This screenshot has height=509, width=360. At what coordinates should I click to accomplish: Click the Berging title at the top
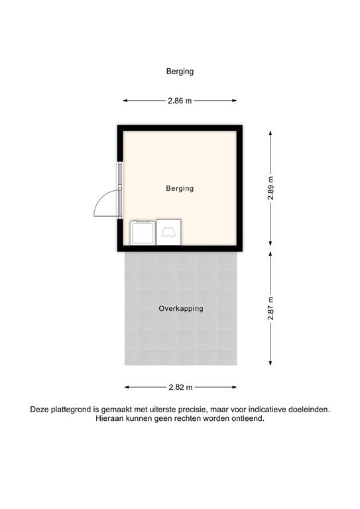pyautogui.click(x=180, y=71)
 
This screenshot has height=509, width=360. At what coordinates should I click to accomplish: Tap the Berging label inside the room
pyautogui.click(x=180, y=188)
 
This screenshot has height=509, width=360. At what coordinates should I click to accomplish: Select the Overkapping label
pyautogui.click(x=180, y=308)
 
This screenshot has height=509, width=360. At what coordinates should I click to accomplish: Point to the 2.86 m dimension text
pyautogui.click(x=180, y=101)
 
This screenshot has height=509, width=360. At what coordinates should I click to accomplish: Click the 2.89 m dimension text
pyautogui.click(x=270, y=188)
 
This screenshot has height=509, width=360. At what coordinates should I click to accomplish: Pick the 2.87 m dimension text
pyautogui.click(x=270, y=308)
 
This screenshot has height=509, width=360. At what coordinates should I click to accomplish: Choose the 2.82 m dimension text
pyautogui.click(x=180, y=387)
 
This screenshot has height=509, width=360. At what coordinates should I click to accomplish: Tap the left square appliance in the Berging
pyautogui.click(x=142, y=232)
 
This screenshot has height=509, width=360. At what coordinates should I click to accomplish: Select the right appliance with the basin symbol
pyautogui.click(x=168, y=232)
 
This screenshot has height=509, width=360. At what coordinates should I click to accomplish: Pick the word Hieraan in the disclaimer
pyautogui.click(x=110, y=419)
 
